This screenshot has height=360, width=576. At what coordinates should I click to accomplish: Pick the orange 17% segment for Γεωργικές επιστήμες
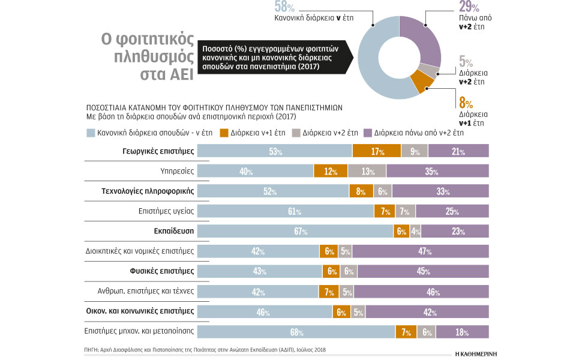[376, 151]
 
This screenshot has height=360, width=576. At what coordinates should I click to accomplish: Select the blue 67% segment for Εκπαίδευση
[295, 232]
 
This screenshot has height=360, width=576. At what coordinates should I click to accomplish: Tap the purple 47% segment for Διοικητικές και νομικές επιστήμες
[421, 251]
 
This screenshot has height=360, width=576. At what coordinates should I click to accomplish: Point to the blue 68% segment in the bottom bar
[296, 332]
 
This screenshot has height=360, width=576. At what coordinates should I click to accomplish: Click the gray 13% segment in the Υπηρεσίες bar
[367, 171]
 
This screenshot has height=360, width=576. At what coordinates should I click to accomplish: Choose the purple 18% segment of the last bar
[462, 332]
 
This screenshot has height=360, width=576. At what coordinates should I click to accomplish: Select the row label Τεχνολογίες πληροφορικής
[148, 191]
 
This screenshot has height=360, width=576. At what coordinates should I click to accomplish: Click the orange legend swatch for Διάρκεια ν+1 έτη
[224, 133]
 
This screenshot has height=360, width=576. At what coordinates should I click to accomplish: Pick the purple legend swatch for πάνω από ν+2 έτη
[367, 133]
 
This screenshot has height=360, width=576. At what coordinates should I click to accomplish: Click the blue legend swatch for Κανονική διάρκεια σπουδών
[91, 133]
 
